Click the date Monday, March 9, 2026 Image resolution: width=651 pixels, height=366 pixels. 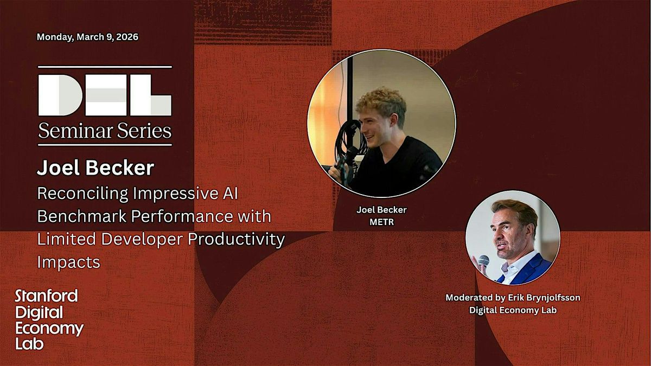(x=87, y=37)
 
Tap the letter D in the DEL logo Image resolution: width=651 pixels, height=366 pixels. (x=60, y=95)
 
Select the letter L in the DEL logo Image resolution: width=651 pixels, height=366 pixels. (x=151, y=95)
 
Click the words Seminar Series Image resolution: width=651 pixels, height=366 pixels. (x=105, y=131)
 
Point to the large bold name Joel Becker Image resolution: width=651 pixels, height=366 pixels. (x=95, y=168)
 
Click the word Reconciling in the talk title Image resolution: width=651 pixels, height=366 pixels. (x=83, y=194)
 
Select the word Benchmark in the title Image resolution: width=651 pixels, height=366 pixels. (x=82, y=216)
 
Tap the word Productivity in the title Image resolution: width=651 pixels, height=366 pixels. (x=237, y=240)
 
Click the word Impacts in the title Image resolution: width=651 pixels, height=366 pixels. (x=68, y=262)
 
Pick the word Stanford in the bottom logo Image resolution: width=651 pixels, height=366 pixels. (x=47, y=296)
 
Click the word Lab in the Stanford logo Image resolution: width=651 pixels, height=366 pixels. (x=29, y=344)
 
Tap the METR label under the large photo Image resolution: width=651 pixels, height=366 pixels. (x=382, y=222)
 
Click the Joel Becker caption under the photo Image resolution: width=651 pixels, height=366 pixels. (x=381, y=210)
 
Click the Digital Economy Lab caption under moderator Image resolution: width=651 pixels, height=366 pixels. (x=513, y=310)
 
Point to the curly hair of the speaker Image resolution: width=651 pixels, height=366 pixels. (x=381, y=103)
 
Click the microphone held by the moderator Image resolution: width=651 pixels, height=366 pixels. (x=483, y=261)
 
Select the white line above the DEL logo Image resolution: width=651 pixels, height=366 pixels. (x=105, y=67)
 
